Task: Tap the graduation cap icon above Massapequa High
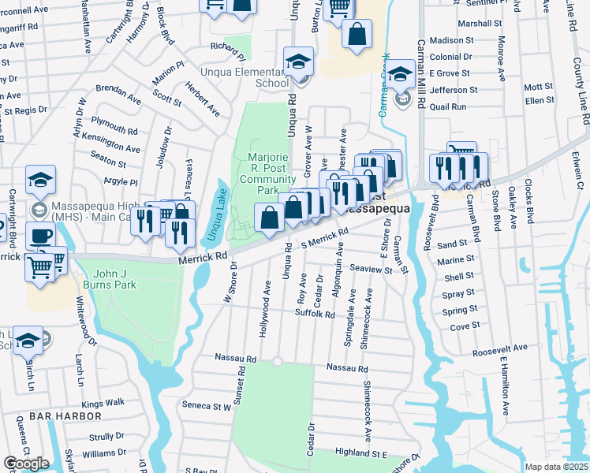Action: (x=40, y=180)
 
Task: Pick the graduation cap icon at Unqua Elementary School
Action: (x=299, y=61)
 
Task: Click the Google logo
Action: (x=26, y=464)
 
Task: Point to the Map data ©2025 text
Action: (x=557, y=467)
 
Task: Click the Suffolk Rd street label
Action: (x=315, y=314)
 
